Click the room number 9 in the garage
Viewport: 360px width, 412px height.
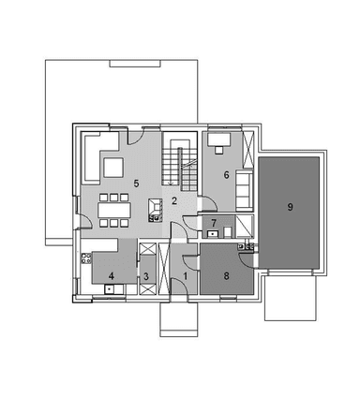pos(291,207)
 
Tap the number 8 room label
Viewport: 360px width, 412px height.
pos(226,275)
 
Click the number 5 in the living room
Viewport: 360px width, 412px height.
pos(136,183)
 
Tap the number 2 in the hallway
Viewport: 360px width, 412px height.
pos(174,200)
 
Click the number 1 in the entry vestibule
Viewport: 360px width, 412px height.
pos(185,276)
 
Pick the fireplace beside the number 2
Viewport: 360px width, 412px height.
pos(152,215)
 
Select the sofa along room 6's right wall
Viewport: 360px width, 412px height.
pos(243,191)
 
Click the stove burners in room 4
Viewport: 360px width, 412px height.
pos(85,257)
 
